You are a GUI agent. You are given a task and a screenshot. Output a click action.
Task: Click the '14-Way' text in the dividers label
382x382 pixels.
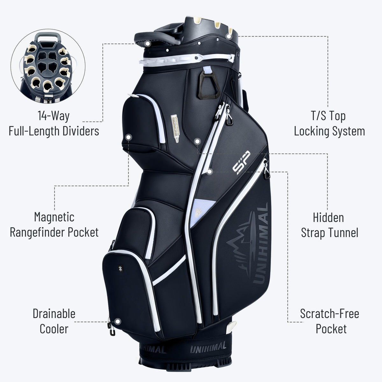[x=53, y=116]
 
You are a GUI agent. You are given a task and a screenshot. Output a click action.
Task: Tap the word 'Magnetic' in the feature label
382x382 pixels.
[x=54, y=217]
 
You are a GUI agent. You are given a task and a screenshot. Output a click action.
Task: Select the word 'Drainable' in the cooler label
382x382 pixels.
[x=54, y=314]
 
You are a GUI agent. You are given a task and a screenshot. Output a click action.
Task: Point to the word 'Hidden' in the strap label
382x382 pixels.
[x=328, y=217]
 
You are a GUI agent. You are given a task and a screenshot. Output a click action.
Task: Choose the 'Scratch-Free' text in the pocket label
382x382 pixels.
[x=329, y=314]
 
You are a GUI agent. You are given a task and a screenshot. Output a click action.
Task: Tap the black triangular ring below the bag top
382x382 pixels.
[x=209, y=85]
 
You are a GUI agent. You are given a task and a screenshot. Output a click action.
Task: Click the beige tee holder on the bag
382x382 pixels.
[x=175, y=128]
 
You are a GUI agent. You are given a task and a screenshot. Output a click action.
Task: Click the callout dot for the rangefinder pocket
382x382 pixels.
[x=129, y=137]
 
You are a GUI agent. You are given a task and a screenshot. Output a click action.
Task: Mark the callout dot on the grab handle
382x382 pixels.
[x=147, y=44]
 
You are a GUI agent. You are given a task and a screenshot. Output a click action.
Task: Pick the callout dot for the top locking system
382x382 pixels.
[x=229, y=36]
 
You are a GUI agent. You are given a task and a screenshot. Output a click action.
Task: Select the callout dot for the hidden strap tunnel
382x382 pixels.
[x=197, y=141]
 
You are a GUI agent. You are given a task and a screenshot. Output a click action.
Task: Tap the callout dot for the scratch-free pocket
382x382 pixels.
[x=209, y=172]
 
